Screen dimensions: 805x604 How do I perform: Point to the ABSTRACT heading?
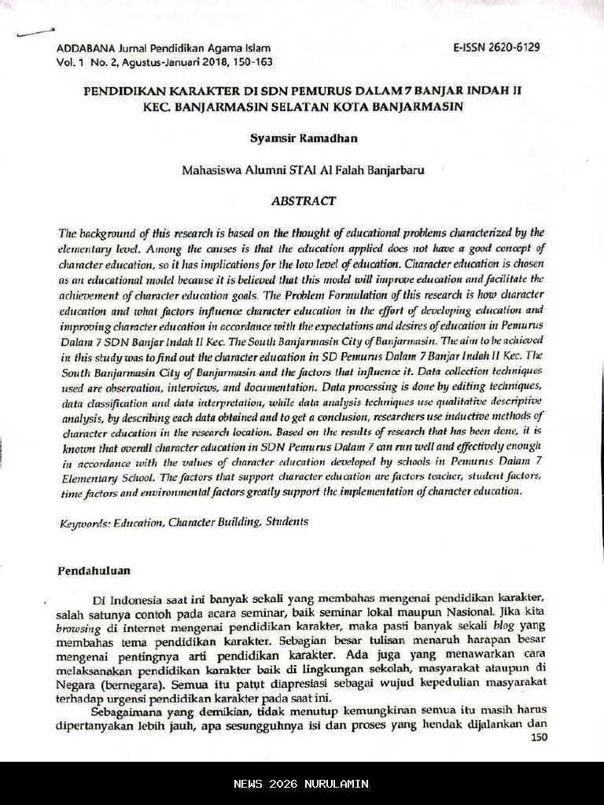tap(304, 201)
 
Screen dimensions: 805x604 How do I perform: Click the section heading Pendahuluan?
tap(94, 571)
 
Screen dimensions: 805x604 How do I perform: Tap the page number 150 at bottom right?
tap(539, 737)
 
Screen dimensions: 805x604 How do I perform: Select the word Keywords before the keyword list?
tap(84, 523)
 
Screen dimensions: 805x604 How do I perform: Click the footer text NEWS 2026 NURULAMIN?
tap(301, 784)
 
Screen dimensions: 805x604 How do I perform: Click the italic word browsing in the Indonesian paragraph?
tap(79, 627)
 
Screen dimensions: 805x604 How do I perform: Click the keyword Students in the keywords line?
tap(287, 521)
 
